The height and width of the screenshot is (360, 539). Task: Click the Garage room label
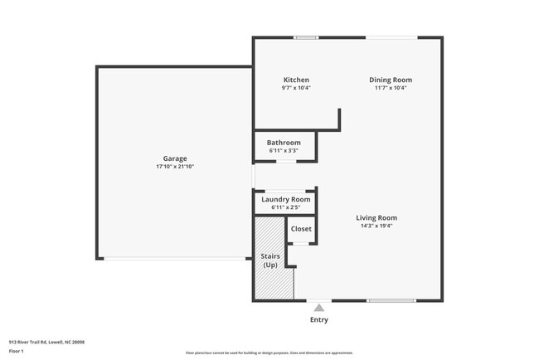pos(174,158)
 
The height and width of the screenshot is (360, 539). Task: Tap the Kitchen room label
pos(296,80)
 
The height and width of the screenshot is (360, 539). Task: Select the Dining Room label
pos(390,80)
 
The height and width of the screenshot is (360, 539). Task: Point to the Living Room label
pos(376,218)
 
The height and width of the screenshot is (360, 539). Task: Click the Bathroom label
pos(284,143)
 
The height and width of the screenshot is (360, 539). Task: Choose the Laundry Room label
pos(285,199)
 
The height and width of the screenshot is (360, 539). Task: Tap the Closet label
pos(301,228)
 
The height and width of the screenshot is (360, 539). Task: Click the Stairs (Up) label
pos(270,260)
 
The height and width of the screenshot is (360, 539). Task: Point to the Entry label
pos(318,320)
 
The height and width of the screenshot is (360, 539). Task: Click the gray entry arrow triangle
pos(318,308)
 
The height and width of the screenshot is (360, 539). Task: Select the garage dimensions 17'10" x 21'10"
pos(174,167)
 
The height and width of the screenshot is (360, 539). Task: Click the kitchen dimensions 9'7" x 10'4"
pos(296,88)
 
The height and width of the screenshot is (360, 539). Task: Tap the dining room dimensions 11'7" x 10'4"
pos(390,88)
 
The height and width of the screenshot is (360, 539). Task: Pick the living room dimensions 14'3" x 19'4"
pos(376,226)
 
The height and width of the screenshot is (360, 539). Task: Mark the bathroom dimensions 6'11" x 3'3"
pos(284,151)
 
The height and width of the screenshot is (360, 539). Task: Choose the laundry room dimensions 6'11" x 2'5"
pos(285,207)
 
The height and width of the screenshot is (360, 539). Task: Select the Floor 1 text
pos(17,351)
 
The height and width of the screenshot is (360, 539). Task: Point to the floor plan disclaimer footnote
pos(269,353)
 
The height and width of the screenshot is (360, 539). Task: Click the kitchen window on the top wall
pos(306,37)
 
